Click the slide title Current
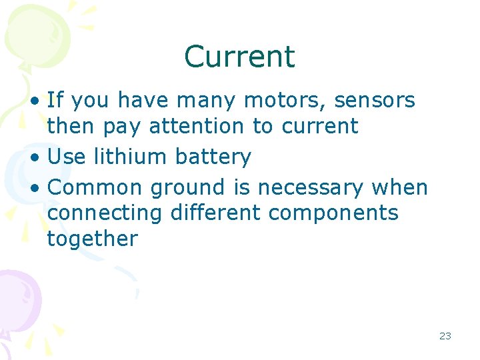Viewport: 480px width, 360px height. [x=239, y=57]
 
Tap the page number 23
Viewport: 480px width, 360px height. [x=445, y=336]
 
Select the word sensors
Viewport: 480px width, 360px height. [x=375, y=101]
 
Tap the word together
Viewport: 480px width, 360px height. [x=92, y=239]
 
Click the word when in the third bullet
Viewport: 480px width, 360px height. [x=400, y=188]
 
